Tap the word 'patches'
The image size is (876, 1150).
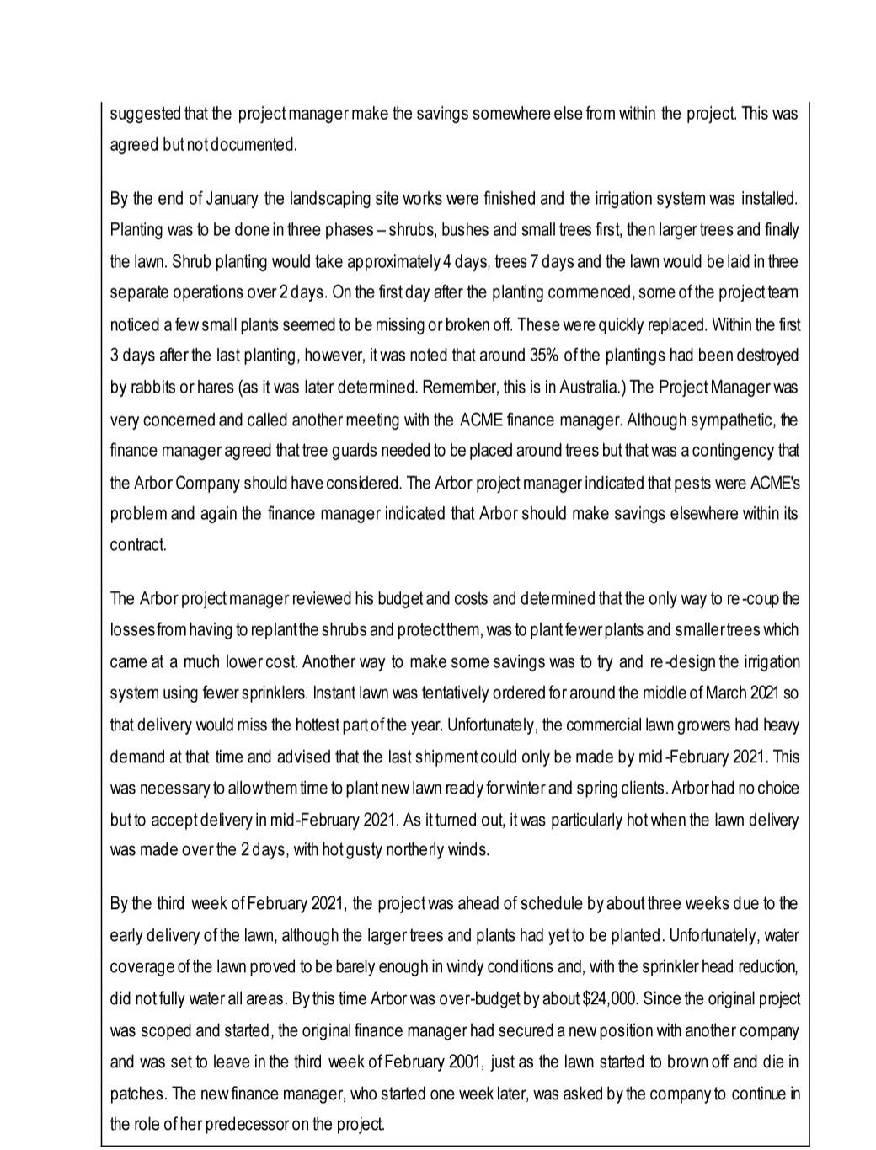(137, 1094)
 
